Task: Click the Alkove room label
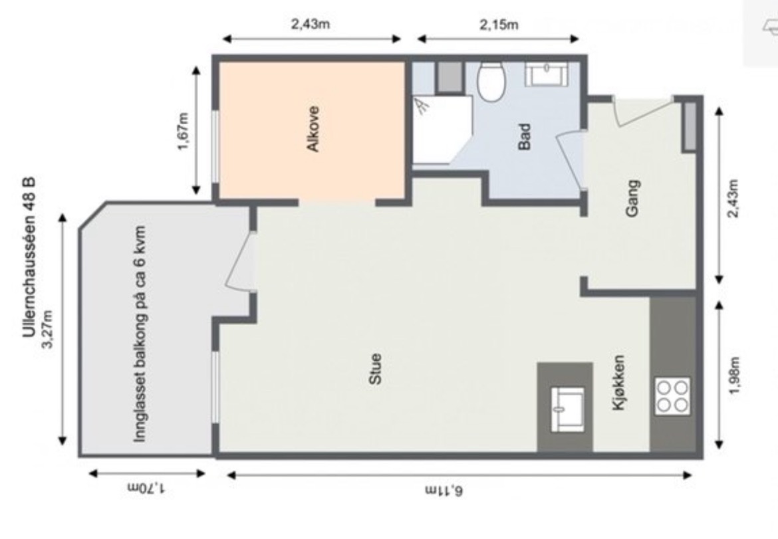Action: click(313, 129)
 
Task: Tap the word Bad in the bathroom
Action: click(524, 137)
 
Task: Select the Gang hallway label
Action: click(632, 198)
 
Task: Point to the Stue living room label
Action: click(375, 369)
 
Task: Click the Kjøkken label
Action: click(618, 381)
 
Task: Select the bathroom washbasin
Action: click(547, 74)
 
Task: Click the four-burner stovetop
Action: click(672, 396)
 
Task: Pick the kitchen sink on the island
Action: click(568, 409)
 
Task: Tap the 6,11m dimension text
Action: click(445, 491)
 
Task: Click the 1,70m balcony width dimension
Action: click(147, 488)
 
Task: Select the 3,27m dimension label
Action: click(48, 329)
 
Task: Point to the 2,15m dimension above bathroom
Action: click(499, 24)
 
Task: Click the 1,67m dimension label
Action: click(183, 132)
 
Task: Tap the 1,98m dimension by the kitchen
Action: click(734, 376)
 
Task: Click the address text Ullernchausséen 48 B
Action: click(29, 257)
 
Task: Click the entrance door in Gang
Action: click(643, 111)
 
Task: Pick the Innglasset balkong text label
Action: click(140, 334)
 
